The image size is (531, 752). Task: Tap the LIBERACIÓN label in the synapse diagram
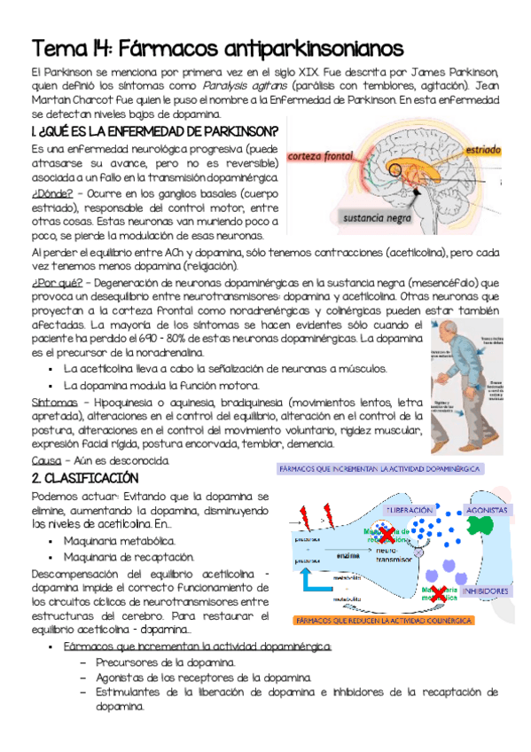point(411,511)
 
